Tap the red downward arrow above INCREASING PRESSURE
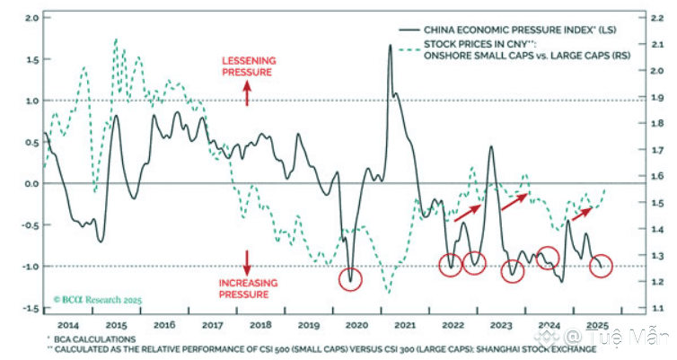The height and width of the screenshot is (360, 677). [x=248, y=261]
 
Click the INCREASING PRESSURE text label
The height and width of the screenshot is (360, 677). [x=249, y=288]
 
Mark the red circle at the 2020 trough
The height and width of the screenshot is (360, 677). [x=351, y=277]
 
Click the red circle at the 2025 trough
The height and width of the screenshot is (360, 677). [x=602, y=266]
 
